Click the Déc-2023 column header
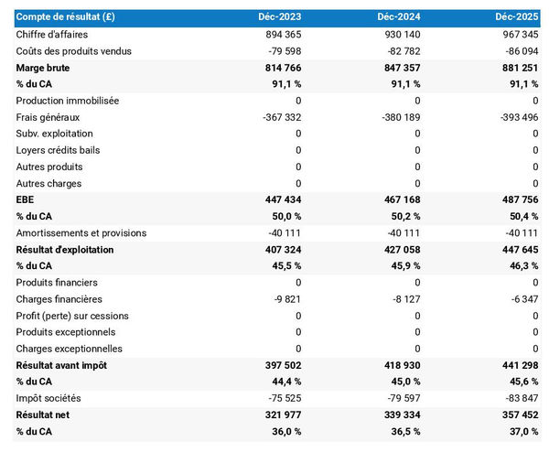(279, 17)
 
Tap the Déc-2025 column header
(517, 17)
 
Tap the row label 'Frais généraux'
(48, 117)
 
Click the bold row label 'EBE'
(26, 199)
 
